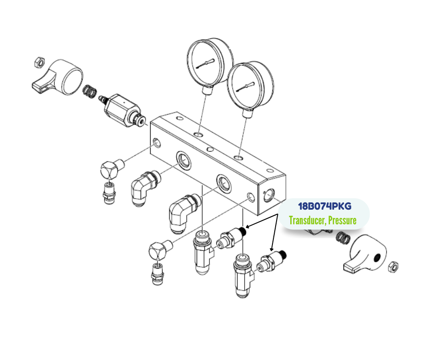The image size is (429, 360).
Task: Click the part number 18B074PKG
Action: [x=324, y=206]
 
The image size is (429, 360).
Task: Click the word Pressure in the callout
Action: [x=342, y=220]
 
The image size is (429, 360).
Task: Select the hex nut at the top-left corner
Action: [x=39, y=62]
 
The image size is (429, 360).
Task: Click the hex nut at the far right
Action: [x=393, y=267]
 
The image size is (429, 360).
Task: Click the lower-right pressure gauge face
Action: [x=250, y=85]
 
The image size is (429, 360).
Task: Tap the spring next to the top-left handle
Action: [x=89, y=91]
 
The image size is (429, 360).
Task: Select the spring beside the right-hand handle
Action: [x=343, y=238]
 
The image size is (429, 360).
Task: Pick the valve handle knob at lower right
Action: [x=365, y=254]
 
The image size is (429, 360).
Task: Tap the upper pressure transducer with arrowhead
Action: [x=230, y=238]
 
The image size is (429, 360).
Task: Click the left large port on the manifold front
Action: [x=183, y=160]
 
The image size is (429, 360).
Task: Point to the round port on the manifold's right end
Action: [x=269, y=195]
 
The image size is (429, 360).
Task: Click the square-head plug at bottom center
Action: [x=160, y=251]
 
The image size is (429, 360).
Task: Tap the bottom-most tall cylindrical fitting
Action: [x=243, y=275]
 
